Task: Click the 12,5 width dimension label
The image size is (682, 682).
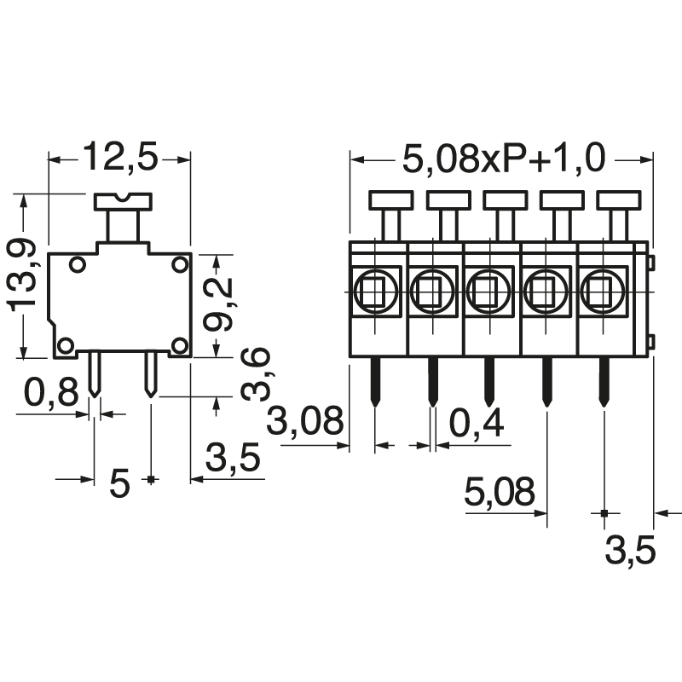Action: click(119, 159)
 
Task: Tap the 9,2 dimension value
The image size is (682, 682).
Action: click(219, 305)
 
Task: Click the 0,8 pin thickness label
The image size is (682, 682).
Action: click(50, 394)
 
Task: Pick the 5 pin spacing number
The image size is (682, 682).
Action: click(120, 484)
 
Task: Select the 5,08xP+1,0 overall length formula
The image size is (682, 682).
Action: click(503, 159)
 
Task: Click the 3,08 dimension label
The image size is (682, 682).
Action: click(307, 421)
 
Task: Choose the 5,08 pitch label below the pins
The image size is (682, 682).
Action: click(500, 492)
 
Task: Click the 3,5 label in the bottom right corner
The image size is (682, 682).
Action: click(630, 552)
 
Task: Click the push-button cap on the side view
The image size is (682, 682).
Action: click(123, 202)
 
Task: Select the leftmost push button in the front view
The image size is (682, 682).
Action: click(391, 200)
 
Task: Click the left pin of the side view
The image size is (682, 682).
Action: click(95, 375)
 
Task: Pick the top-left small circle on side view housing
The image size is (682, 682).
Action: click(78, 265)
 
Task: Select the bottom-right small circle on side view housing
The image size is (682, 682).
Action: click(179, 345)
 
